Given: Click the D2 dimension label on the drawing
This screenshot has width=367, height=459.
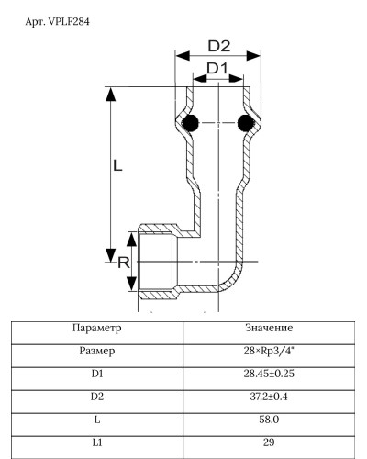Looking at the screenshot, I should pos(217,46).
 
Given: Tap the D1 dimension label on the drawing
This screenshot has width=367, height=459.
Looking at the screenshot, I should pos(217,69).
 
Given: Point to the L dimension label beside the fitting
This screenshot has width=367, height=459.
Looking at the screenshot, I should pos(118,167).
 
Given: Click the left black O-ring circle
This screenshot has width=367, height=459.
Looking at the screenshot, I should pos(191,123).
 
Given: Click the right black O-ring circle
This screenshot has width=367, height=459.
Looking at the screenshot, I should pos(245,123).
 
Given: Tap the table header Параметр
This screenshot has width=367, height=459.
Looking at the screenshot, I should pos(96,328).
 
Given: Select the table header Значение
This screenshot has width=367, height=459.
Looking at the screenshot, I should pos(269,328).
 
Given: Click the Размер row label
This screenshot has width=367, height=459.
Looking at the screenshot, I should pos(96,351).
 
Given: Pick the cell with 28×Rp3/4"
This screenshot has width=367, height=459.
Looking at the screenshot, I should pos(269,351).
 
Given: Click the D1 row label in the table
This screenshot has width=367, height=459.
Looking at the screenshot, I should pos(96,374).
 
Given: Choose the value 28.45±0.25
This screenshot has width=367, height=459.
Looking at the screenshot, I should pos(269,374).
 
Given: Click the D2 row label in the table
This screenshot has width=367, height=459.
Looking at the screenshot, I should pos(96,397).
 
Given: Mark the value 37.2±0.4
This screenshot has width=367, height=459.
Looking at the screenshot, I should pos(269,397).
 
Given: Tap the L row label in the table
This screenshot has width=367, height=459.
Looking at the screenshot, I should pos(96,420).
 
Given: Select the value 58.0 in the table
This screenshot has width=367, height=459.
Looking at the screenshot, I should pos(269,420).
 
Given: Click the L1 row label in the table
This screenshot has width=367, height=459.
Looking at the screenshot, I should pos(96,442).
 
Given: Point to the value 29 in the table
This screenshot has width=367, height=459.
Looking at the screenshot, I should pos(269,442).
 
